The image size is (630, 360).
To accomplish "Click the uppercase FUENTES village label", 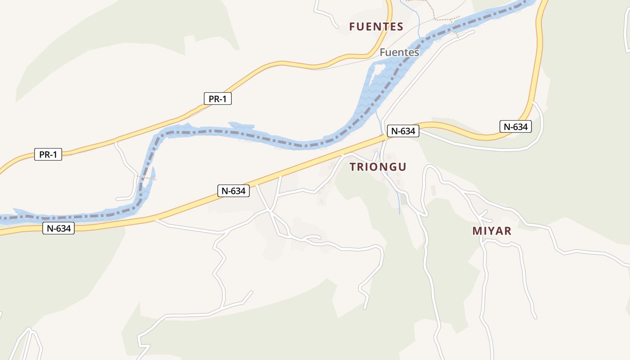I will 376,27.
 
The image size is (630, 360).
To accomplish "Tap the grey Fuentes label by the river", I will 399,52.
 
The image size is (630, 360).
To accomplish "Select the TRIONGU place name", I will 378,167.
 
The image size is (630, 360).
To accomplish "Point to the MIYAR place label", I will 492,231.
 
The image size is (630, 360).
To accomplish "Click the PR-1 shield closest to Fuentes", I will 218,99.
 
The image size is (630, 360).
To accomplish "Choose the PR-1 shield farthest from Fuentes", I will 48,155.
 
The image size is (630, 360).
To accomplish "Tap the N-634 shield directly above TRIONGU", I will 403,131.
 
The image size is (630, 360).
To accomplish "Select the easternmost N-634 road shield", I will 516,126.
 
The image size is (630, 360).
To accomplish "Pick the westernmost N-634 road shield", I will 58,228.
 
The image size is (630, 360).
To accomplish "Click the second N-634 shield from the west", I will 234,190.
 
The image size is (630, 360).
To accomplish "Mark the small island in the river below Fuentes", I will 378,70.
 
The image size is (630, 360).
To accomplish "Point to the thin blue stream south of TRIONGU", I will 399,202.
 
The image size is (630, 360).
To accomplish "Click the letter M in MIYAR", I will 477,231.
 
